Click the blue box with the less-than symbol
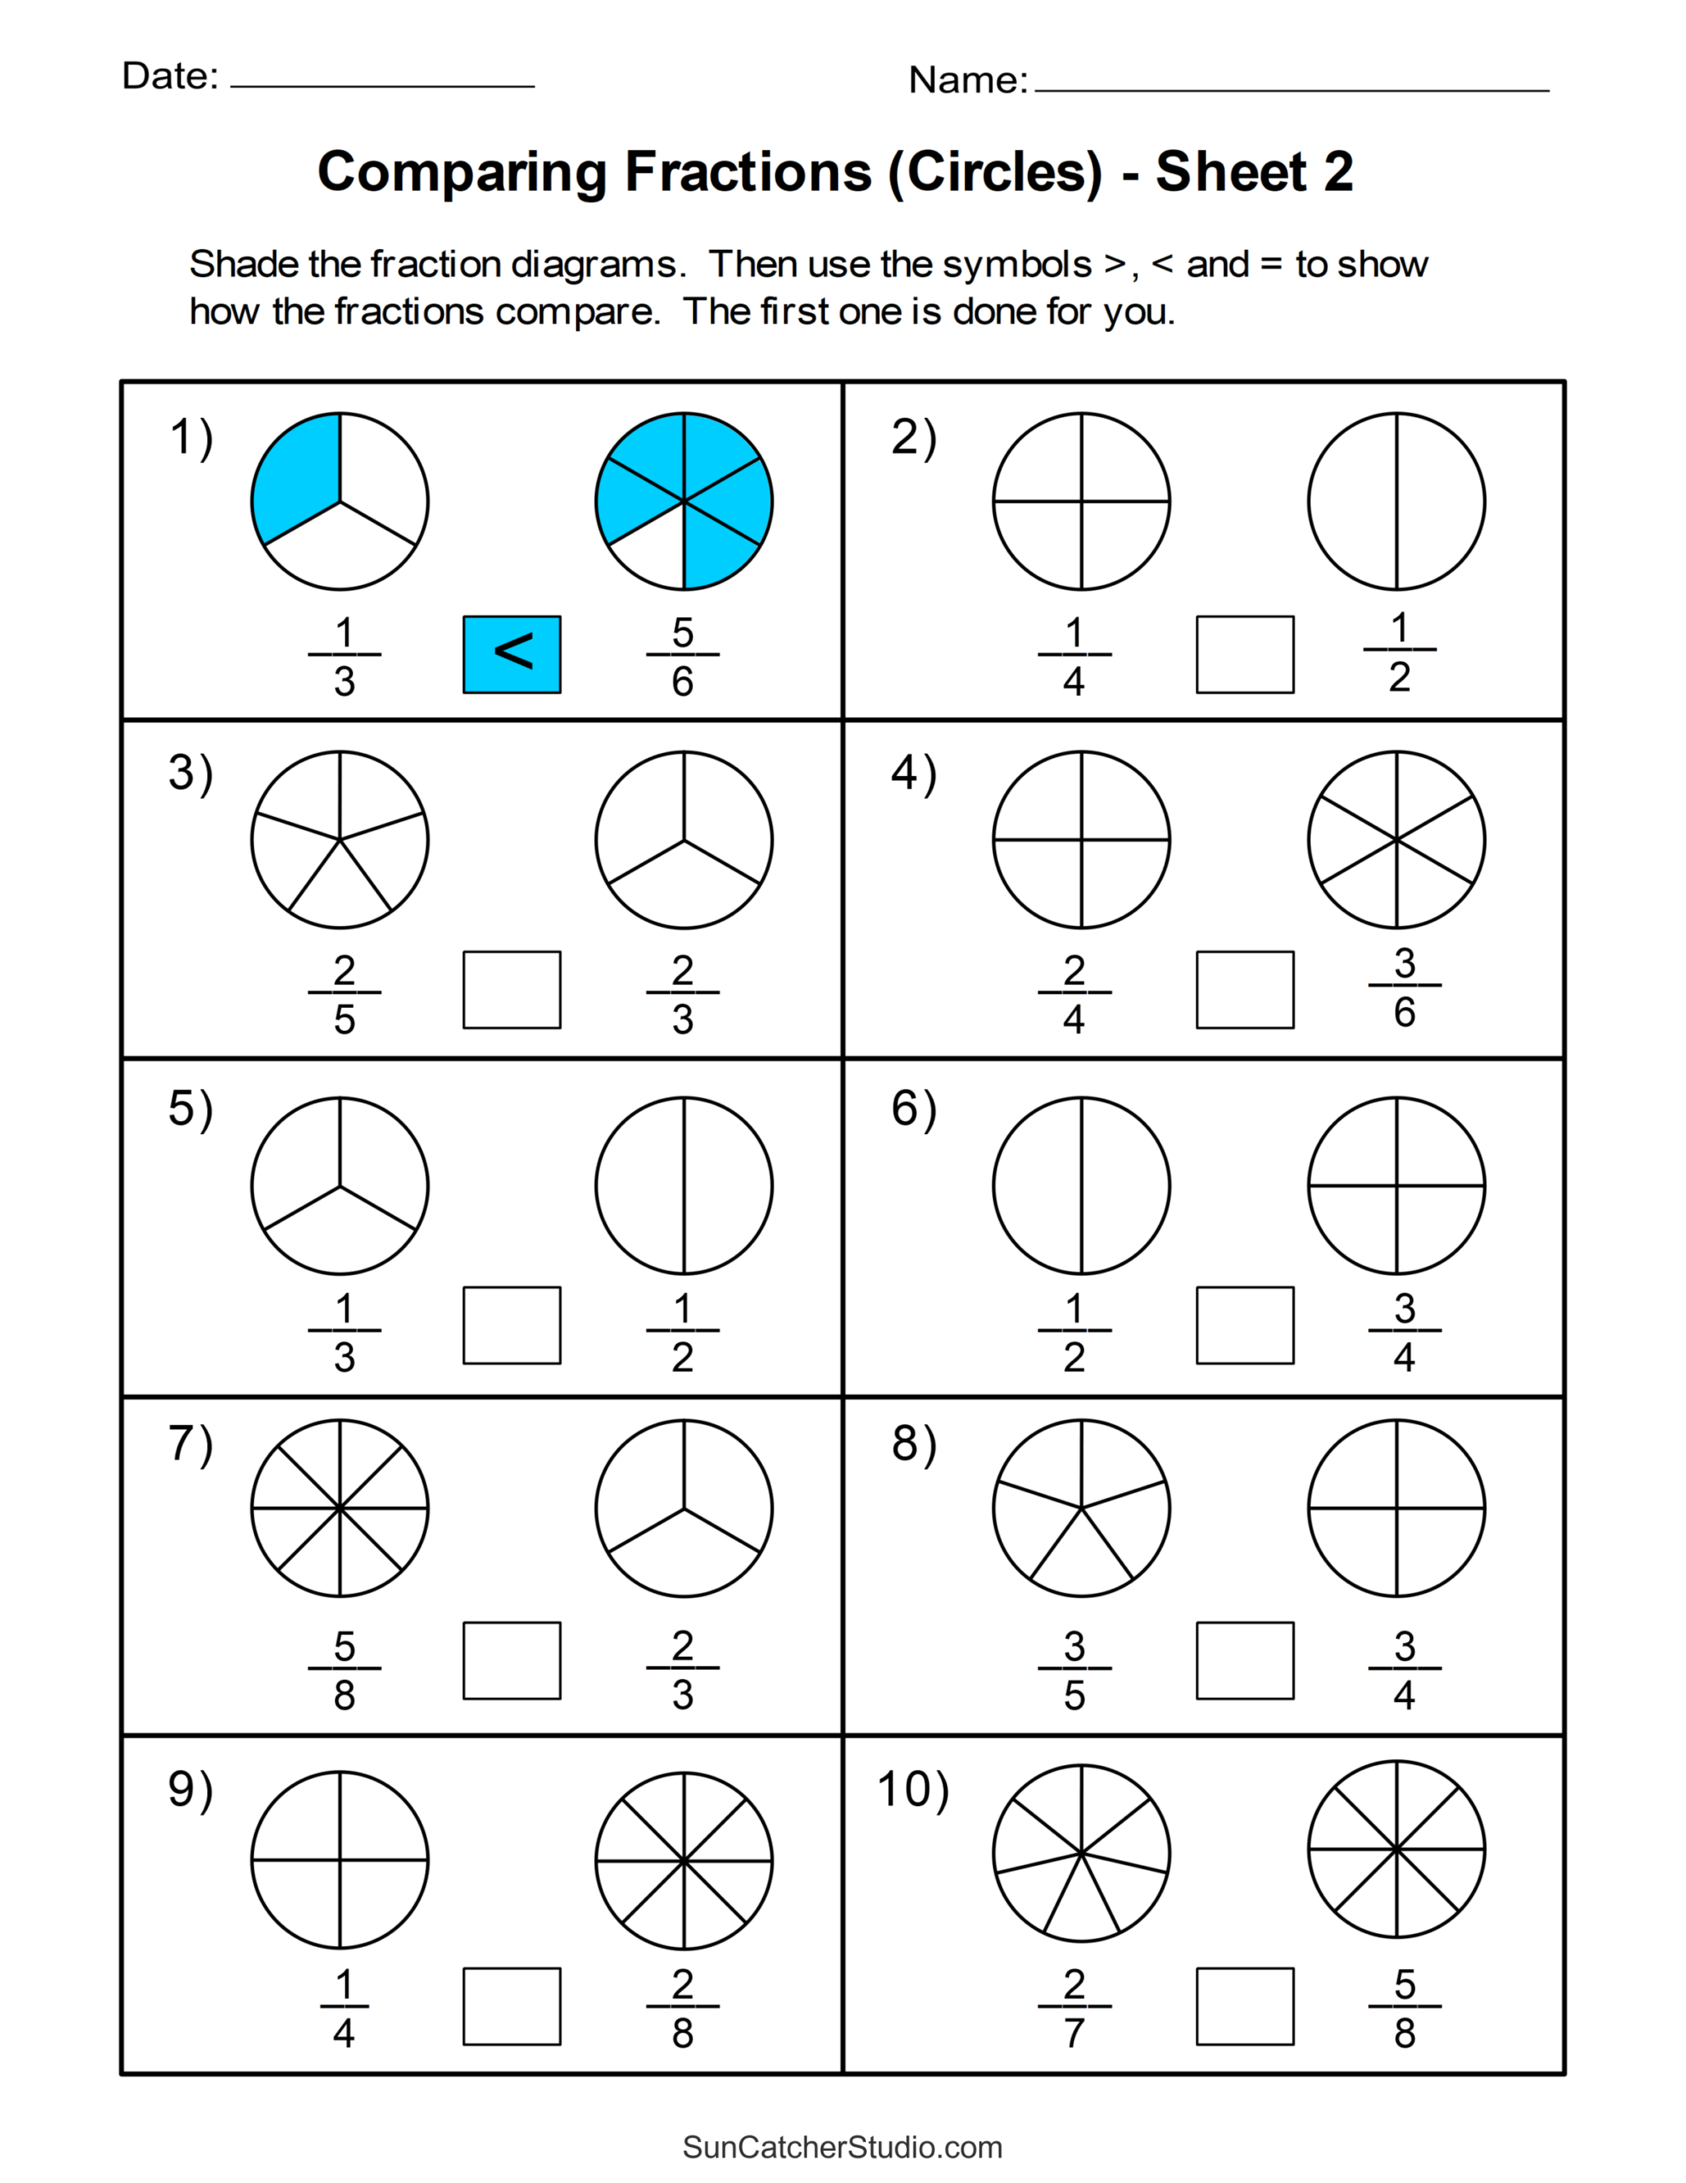point(511,654)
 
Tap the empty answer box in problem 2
point(1244,654)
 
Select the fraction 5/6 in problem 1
point(683,656)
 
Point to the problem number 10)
point(912,1789)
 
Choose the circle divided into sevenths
point(1082,1854)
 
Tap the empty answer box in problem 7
point(511,1660)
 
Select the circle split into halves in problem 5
point(684,1186)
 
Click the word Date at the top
point(170,76)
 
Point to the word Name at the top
point(967,80)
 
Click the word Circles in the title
point(995,172)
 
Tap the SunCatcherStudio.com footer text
point(842,2147)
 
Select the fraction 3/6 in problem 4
point(1404,987)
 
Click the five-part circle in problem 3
point(340,840)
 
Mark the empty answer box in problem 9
point(511,2006)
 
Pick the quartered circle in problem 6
point(1396,1186)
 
